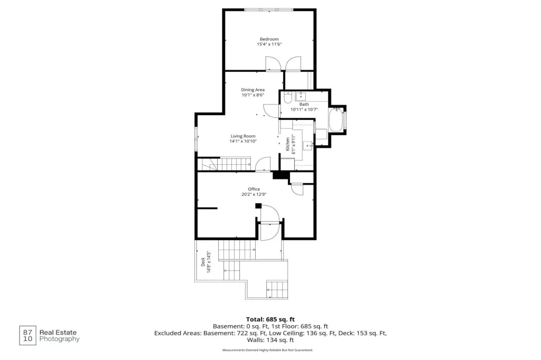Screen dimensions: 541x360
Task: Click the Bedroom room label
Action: [269, 39]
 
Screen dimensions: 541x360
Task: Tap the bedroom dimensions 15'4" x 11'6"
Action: [269, 44]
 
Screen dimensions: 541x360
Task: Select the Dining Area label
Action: [253, 90]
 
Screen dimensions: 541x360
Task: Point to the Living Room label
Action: [243, 136]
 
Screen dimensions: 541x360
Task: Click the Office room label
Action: [254, 189]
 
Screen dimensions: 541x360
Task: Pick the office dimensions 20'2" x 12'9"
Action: [254, 194]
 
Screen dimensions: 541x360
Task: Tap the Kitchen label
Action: [287, 144]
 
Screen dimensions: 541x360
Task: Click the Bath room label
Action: [304, 104]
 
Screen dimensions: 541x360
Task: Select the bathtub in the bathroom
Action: [335, 120]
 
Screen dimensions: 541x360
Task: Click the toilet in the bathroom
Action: [287, 98]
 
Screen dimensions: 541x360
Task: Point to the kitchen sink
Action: [308, 146]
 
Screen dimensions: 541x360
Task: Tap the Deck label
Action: [203, 262]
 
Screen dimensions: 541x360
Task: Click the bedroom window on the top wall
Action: [269, 10]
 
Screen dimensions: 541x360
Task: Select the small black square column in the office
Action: [258, 206]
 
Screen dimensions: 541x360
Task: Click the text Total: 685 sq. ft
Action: [270, 319]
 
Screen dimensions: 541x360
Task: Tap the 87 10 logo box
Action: [27, 336]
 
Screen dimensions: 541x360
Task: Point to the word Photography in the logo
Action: [59, 339]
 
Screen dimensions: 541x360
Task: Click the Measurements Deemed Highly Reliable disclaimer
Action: [268, 350]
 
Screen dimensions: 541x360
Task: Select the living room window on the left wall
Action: [196, 139]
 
